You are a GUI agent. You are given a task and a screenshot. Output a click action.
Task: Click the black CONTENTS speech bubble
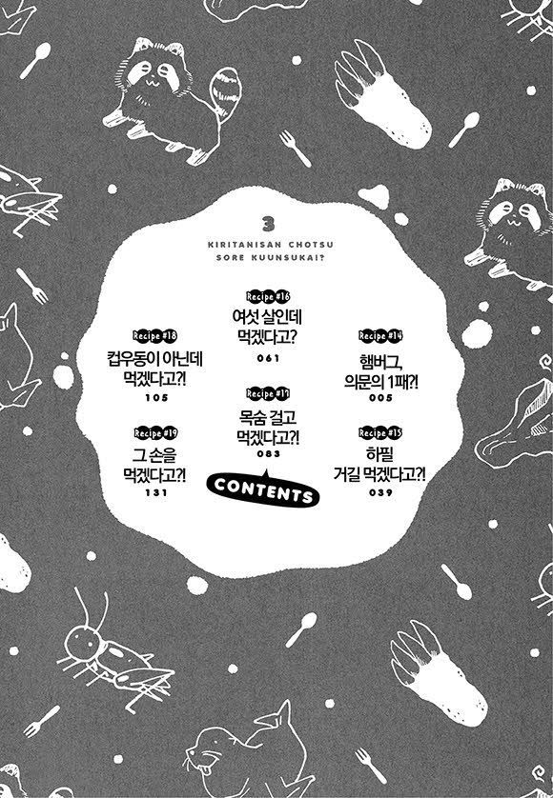click(263, 490)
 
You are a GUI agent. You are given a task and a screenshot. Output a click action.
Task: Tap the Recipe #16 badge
click(268, 296)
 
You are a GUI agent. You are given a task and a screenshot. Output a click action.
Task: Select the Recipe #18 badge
click(155, 335)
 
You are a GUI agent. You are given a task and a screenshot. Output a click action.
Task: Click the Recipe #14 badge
click(380, 336)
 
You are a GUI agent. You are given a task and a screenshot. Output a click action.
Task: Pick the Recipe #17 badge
click(268, 393)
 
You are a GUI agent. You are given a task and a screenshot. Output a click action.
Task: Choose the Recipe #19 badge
click(155, 432)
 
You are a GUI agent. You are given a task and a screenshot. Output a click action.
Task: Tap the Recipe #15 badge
click(380, 432)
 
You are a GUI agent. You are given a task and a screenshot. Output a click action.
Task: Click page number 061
click(269, 358)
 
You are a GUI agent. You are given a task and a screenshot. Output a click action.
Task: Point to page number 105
click(156, 397)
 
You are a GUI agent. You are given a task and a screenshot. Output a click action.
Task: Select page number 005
click(380, 397)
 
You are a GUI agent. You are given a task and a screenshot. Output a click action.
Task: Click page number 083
click(269, 453)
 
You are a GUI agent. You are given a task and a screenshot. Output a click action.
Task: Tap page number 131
click(156, 492)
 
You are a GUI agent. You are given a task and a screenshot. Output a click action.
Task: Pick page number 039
click(380, 492)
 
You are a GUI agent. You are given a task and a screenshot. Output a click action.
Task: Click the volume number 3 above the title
click(269, 224)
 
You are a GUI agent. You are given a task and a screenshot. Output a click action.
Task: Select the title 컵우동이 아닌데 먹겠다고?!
click(155, 369)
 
